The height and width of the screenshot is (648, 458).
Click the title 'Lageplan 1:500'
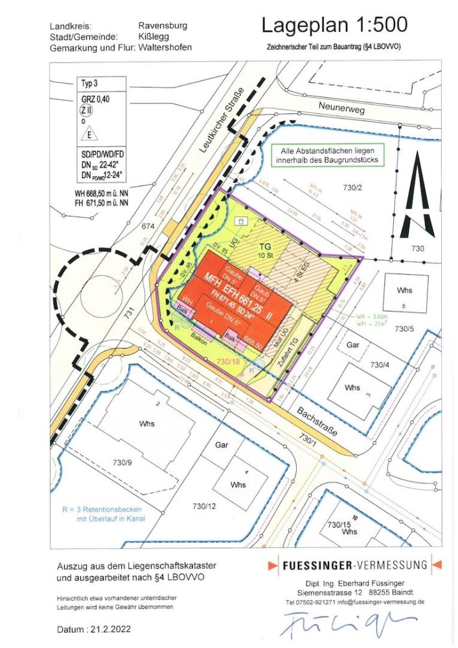click(334, 25)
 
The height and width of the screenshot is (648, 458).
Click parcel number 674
click(150, 226)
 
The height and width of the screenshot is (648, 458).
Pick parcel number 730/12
click(204, 505)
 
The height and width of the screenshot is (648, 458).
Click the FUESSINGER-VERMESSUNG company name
click(354, 565)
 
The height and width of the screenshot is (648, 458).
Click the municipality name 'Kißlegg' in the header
click(154, 37)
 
